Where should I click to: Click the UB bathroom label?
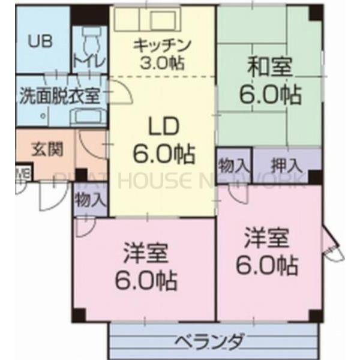click(41, 42)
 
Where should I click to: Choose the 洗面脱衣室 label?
click(59, 94)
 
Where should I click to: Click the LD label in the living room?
click(163, 127)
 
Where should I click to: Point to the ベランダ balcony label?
click(209, 342)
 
